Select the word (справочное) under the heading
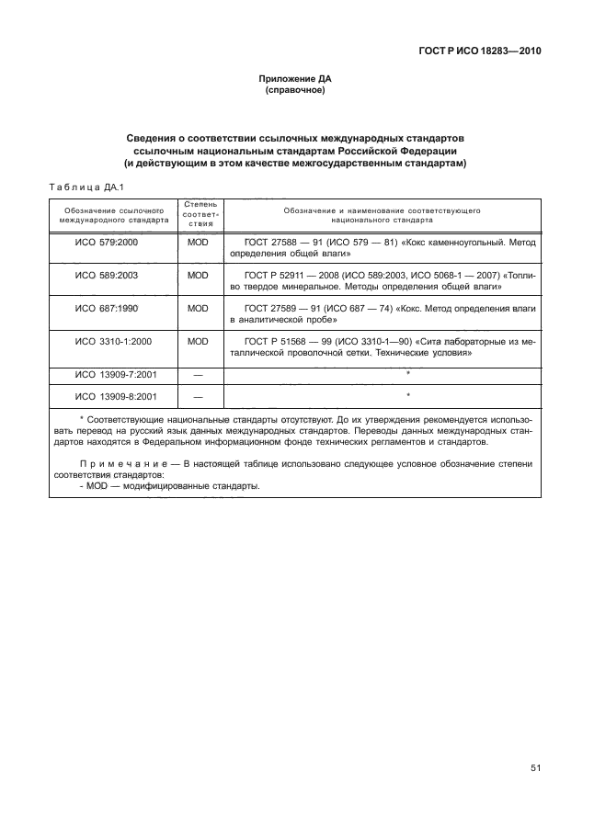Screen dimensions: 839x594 [x=296, y=92]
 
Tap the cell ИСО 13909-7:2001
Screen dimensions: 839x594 [x=112, y=375]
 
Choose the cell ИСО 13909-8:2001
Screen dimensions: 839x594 [x=112, y=397]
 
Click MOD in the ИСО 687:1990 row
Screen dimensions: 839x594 [x=199, y=309]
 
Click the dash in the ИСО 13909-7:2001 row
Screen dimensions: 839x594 [x=199, y=375]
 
